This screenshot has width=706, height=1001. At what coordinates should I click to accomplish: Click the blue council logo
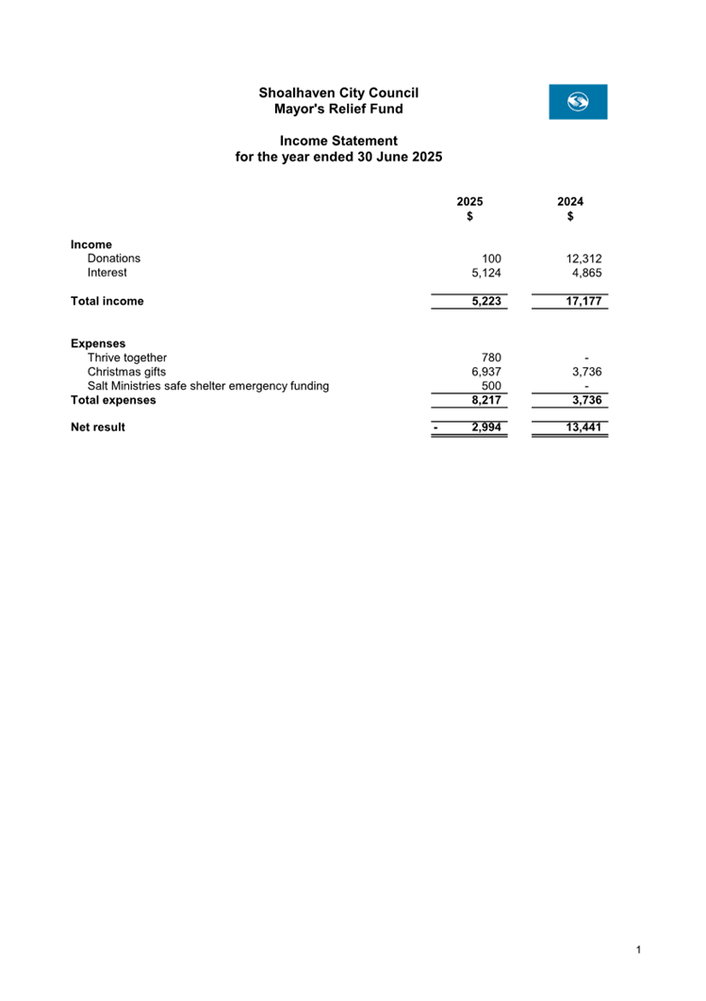coord(578,102)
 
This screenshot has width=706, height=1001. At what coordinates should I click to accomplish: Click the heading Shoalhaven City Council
coord(338,92)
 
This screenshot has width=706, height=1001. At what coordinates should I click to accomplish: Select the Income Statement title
coord(338,141)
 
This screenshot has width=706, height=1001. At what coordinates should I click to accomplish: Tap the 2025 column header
coord(469,202)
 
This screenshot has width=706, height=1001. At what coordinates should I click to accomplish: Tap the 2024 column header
coord(570,202)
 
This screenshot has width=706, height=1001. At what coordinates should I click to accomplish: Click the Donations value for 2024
coord(583,259)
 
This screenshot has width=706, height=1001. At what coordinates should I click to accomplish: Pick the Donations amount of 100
coord(491,259)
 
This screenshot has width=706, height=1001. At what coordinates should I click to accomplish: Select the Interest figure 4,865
coord(586,273)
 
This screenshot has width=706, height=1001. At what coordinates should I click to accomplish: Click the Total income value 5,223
coord(486,301)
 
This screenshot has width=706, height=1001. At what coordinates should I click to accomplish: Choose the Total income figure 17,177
coord(583,301)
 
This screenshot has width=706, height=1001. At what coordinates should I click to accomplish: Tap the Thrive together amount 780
coord(491,358)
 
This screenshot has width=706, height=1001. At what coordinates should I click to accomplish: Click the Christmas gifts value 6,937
coord(486,372)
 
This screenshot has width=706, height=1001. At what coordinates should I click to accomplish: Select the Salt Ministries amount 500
coord(491,385)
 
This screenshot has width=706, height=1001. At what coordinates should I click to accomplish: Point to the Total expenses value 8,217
coord(486,399)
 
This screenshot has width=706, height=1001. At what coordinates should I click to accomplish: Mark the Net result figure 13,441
coord(583,427)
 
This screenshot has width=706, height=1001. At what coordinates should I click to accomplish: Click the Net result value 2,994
coord(486,427)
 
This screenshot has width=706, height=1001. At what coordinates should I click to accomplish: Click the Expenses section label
coord(98,343)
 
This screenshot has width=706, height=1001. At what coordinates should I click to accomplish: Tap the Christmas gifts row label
coord(126,372)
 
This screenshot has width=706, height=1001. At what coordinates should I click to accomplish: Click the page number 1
coord(638,949)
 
